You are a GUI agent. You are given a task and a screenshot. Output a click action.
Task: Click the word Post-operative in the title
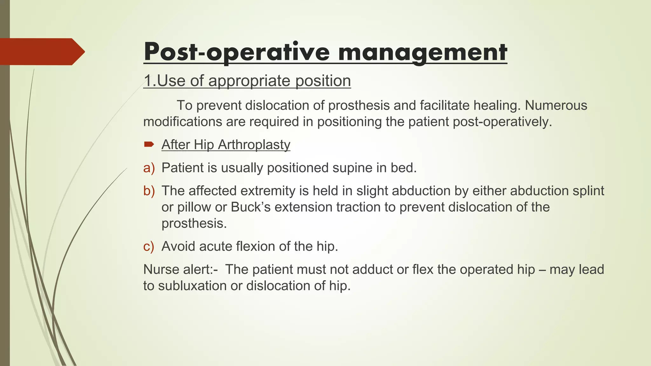[x=237, y=52]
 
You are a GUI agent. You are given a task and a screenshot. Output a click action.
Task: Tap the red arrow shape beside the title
[x=41, y=51]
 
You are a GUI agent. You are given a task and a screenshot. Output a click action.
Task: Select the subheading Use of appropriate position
[x=247, y=81]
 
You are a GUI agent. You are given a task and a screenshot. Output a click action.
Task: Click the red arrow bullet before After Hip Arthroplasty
[x=149, y=145]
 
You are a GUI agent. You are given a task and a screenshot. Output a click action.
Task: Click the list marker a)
[x=149, y=168]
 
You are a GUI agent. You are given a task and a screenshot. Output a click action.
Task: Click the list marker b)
[x=149, y=191]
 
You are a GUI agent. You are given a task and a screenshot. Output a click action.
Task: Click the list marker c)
[x=149, y=247]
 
